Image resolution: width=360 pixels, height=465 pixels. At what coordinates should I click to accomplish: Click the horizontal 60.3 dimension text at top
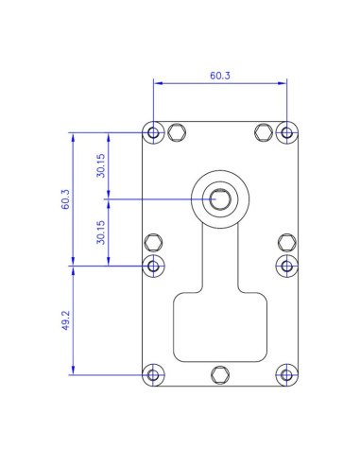(219, 75)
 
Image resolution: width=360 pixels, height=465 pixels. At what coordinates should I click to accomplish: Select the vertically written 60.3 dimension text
(65, 200)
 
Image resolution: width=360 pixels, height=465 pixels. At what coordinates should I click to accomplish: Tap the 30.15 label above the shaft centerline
(100, 166)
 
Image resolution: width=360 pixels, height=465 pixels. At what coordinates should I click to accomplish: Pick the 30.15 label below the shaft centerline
(100, 232)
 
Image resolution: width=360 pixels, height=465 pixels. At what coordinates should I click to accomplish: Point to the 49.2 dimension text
(65, 319)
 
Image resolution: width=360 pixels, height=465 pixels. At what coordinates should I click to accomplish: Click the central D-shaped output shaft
(219, 198)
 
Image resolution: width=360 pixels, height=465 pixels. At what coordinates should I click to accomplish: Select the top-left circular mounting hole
(154, 132)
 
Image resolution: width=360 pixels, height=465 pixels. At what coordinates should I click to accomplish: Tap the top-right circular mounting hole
(286, 132)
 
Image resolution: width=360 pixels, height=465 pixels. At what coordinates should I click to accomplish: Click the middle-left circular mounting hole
(154, 265)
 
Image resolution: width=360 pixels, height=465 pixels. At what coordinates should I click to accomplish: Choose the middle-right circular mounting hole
(286, 265)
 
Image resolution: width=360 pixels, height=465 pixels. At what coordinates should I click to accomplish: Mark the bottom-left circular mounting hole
(154, 374)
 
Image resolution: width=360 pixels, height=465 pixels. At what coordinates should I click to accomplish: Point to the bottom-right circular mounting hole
(286, 374)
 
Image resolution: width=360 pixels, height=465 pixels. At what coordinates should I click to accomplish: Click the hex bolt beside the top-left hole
(176, 132)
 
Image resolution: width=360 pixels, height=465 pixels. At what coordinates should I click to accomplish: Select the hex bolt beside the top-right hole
(264, 132)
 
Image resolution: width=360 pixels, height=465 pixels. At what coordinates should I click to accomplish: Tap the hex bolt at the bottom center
(220, 374)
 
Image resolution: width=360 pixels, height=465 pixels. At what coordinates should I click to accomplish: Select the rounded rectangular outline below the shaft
(220, 326)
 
